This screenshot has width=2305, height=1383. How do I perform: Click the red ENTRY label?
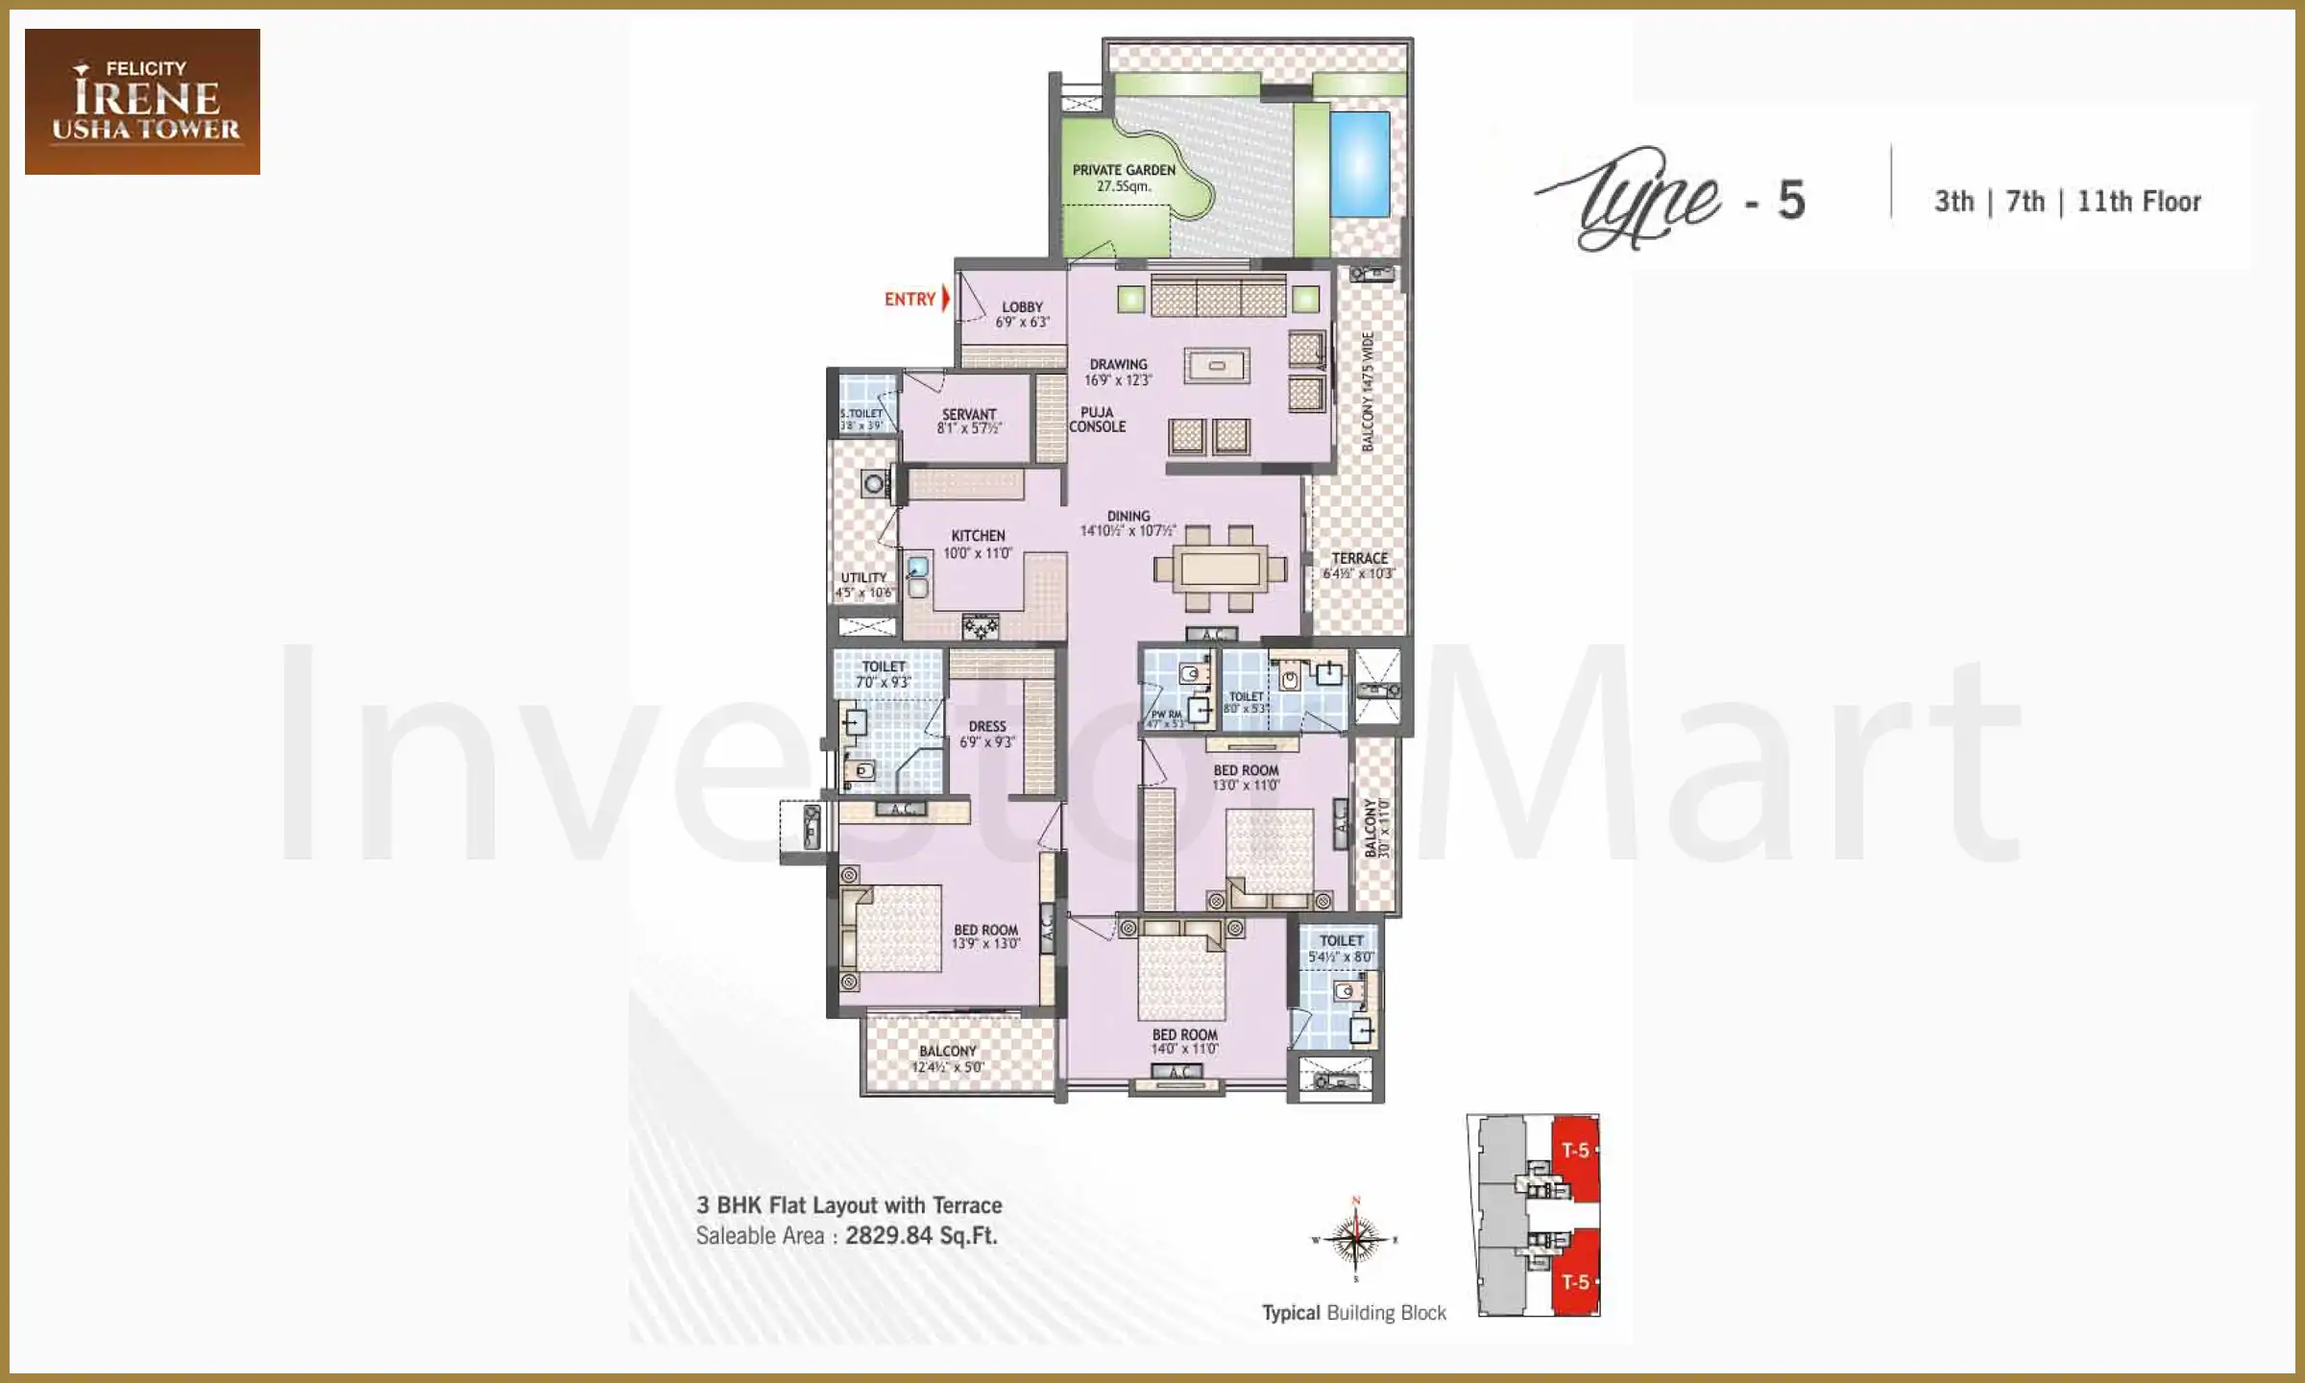coord(910,300)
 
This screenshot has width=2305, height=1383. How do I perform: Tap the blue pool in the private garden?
coord(1360,163)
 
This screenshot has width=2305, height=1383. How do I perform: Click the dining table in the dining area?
coord(1221,569)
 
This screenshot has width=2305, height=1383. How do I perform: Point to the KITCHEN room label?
coord(978,536)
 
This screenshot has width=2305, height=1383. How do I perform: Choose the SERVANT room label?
coord(969,415)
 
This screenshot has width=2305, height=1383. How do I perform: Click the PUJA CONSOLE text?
coord(1098,420)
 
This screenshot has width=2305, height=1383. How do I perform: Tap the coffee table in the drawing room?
coord(1217,366)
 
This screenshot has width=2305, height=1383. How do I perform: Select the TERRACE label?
coord(1359,558)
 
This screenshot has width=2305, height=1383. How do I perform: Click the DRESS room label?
coord(987,726)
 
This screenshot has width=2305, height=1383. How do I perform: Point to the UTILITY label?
coord(863,577)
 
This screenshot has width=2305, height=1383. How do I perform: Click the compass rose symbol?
coord(1355,1240)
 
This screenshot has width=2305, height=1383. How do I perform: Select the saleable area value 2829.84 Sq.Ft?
coord(921,1236)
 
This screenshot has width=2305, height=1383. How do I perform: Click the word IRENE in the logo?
coord(147,98)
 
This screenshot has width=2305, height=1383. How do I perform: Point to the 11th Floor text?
coord(2139,202)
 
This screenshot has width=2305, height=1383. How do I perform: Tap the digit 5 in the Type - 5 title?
coord(1790,201)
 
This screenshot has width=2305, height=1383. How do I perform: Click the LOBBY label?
coord(1022,307)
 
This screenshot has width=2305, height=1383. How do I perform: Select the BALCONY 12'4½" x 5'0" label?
coord(947,1058)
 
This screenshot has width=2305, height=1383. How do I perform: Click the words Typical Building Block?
coord(1353,1313)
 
